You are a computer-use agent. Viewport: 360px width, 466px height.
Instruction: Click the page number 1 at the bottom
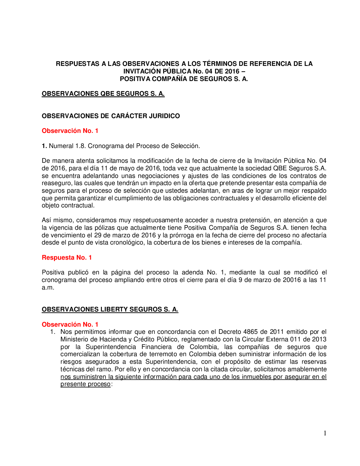(x=325, y=433)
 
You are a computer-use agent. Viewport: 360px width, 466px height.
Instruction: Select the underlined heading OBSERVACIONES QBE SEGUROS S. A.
(x=103, y=94)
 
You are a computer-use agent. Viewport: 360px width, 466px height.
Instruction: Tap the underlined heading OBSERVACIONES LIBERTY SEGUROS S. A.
(x=110, y=309)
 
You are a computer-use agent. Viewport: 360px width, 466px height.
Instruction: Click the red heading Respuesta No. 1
(x=67, y=257)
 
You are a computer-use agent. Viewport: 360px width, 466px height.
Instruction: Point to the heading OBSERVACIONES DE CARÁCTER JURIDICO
(x=111, y=116)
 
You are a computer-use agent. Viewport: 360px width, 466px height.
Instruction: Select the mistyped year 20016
(x=292, y=280)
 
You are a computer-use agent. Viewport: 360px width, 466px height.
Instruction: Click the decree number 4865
(x=251, y=332)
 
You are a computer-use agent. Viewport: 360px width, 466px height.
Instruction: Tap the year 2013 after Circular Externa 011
(x=319, y=339)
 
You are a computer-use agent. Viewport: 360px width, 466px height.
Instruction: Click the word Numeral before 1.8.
(x=61, y=146)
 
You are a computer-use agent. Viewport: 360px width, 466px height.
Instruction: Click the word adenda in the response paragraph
(x=192, y=272)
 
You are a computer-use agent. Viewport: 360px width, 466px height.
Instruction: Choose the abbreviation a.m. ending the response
(x=48, y=287)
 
